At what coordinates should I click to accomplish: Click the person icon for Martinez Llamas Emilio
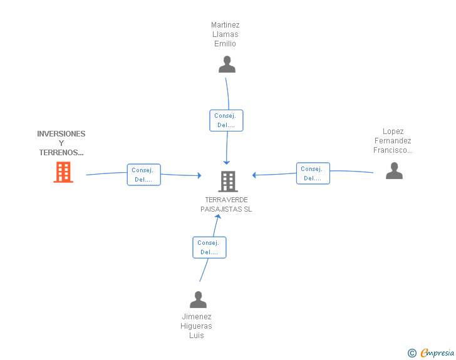(227, 64)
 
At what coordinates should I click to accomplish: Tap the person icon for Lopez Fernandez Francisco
(394, 171)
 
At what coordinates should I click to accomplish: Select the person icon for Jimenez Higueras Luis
(198, 299)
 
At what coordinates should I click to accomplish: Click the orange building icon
(63, 172)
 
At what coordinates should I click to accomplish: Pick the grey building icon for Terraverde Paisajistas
(228, 182)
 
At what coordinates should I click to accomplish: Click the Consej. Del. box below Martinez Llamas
(226, 120)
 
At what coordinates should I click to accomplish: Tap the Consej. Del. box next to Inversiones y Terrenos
(143, 175)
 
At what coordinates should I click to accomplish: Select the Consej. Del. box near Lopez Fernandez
(313, 173)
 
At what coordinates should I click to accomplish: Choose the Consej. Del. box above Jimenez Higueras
(209, 247)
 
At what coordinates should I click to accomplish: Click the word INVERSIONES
(61, 134)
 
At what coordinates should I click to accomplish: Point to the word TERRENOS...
(61, 153)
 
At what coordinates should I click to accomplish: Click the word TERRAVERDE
(226, 200)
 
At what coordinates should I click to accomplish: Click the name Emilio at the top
(225, 44)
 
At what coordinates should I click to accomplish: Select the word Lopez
(393, 131)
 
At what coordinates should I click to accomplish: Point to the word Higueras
(196, 326)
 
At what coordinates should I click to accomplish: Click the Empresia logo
(437, 352)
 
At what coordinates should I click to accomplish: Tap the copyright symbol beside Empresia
(412, 353)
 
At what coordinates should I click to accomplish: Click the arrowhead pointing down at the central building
(227, 163)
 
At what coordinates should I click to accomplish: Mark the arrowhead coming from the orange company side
(199, 175)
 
